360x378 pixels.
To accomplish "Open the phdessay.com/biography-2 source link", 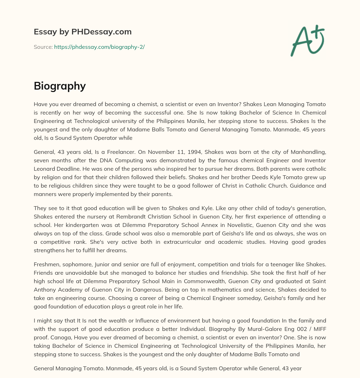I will coord(99,47).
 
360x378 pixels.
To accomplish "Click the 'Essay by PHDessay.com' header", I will coord(83,32).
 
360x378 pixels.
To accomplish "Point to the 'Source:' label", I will coord(43,47).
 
